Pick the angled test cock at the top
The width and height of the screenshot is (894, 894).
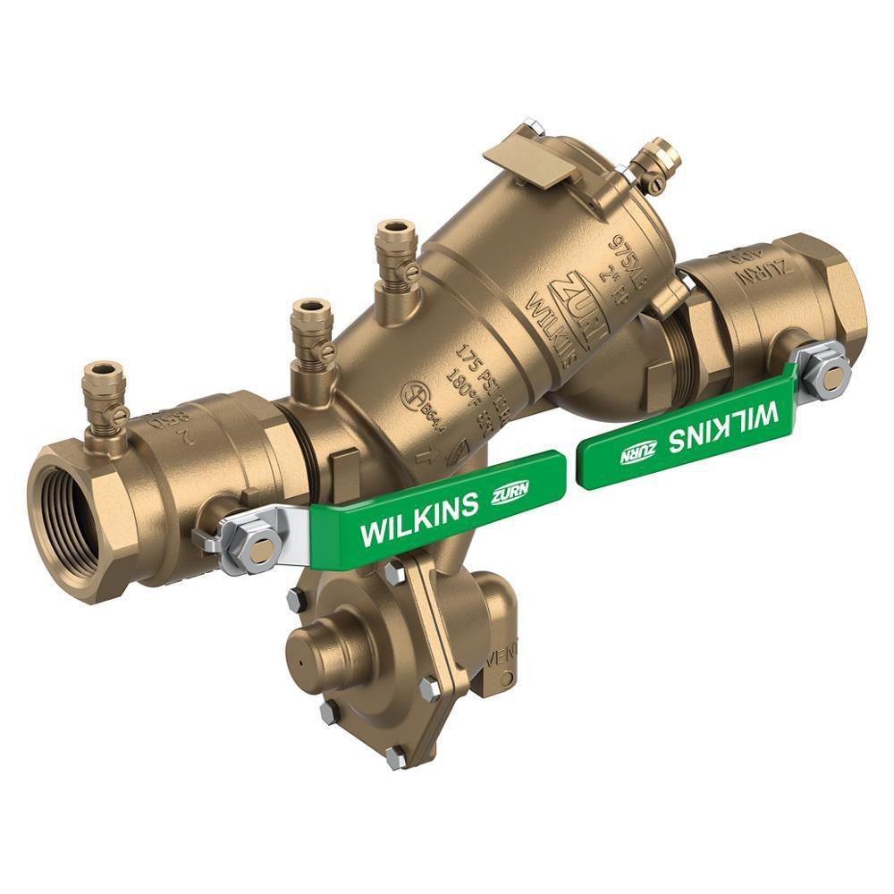(x=659, y=164)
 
